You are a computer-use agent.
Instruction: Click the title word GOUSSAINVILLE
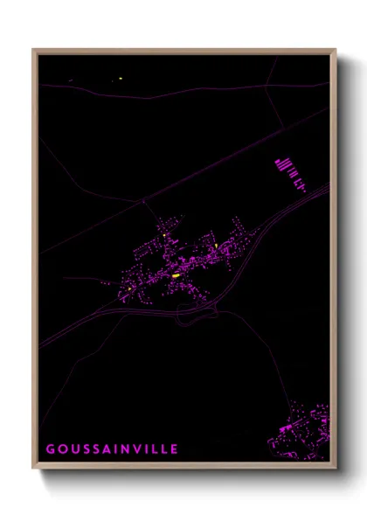click(x=112, y=449)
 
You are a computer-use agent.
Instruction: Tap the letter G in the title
click(x=50, y=449)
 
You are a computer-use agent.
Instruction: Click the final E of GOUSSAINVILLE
click(x=175, y=449)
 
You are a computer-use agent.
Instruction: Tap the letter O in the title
click(x=60, y=449)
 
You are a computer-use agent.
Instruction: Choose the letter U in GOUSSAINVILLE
click(x=72, y=449)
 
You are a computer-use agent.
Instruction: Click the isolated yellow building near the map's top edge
click(x=120, y=80)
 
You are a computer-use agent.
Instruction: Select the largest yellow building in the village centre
click(x=176, y=275)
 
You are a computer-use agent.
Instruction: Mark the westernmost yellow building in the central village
click(x=129, y=288)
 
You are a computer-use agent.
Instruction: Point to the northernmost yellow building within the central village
click(x=163, y=235)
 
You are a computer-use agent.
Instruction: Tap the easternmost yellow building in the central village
click(x=215, y=247)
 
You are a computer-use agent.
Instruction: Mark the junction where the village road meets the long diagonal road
click(x=143, y=202)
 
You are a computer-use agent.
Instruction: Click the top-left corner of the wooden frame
click(x=34, y=51)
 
